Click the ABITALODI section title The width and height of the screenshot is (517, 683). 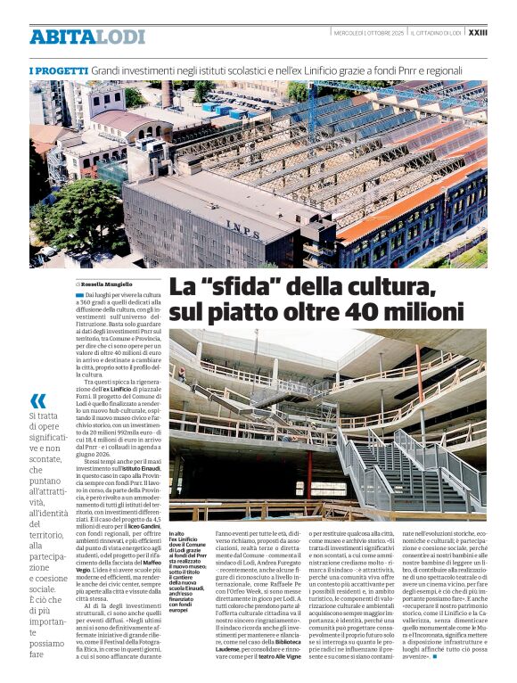[74, 37]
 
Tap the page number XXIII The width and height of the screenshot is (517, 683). [478, 32]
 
